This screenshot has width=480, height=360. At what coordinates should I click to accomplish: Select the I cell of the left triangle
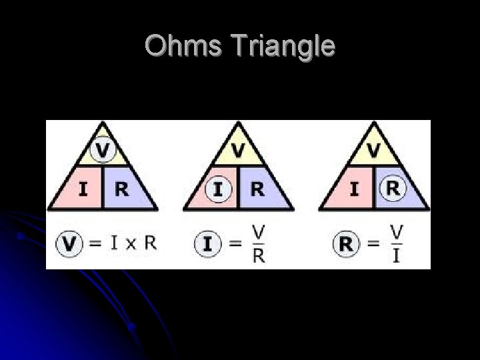[x=83, y=189]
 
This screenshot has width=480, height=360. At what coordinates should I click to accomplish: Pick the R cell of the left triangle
[x=122, y=189]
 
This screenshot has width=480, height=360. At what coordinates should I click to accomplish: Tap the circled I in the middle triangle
[x=218, y=189]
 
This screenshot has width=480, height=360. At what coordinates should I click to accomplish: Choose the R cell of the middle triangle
[x=257, y=189]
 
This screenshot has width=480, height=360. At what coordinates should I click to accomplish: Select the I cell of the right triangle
[x=354, y=189]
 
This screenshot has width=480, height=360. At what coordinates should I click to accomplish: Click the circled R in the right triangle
[x=393, y=189]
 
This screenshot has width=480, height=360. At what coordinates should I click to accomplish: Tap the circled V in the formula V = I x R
[x=69, y=243]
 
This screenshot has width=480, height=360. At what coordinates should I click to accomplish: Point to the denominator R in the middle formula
[x=259, y=256]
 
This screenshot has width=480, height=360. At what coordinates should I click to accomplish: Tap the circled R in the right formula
[x=345, y=244]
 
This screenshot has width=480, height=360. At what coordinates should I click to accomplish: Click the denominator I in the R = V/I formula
[x=397, y=256]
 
